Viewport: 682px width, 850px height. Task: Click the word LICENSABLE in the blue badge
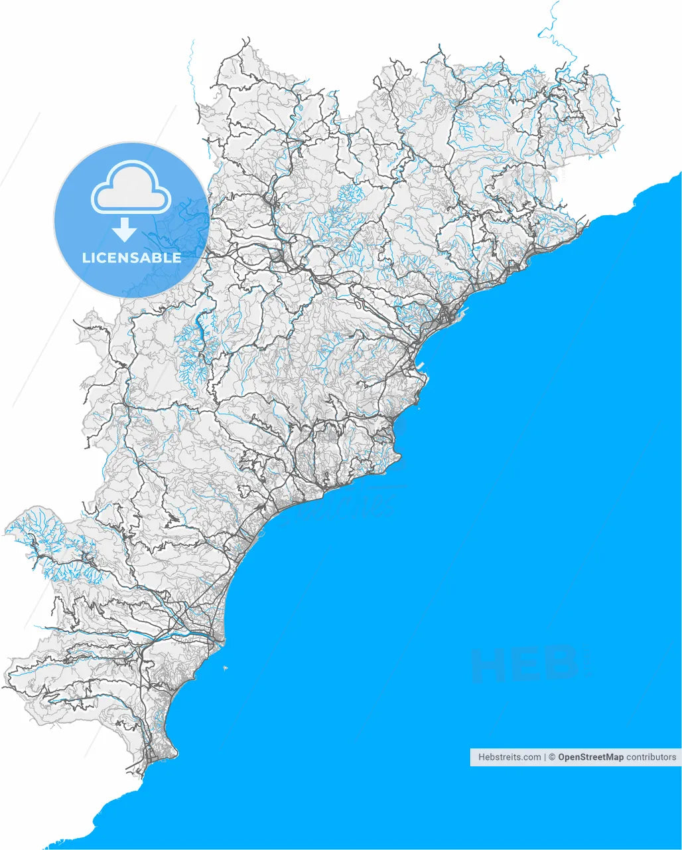pos(131,258)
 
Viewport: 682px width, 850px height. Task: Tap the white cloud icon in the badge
pos(131,189)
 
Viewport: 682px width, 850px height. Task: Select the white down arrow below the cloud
pos(124,230)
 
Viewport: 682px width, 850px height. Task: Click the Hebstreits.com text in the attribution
pos(510,757)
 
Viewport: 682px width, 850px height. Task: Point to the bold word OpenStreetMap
pos(590,757)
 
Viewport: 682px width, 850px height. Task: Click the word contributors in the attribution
pos(651,757)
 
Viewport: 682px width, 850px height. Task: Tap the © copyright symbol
pos(552,757)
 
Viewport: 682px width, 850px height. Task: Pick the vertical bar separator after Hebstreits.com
pos(545,757)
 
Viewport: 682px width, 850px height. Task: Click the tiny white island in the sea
pos(225,667)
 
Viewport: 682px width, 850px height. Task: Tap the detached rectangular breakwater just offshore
pos(425,365)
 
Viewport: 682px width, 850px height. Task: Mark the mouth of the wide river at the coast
pos(220,641)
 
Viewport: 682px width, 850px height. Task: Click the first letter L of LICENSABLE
pos(86,258)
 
